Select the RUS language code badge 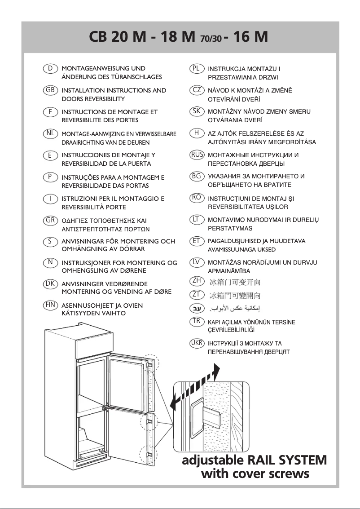(197, 155)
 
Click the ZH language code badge (197, 281)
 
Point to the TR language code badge (197, 321)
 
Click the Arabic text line (233, 309)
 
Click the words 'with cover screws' (255, 474)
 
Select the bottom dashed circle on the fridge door (148, 455)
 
